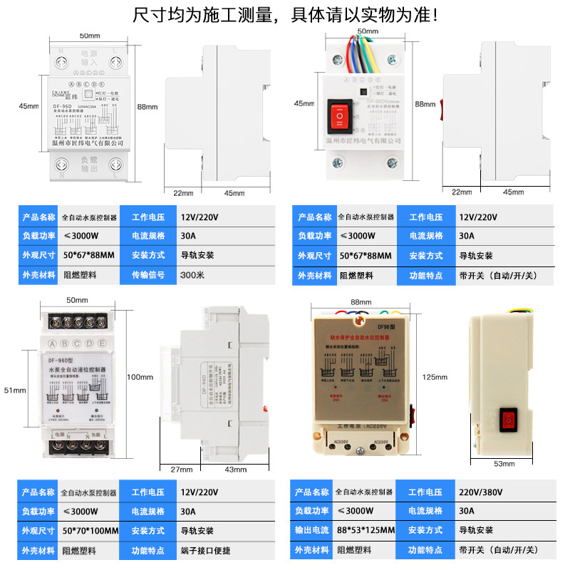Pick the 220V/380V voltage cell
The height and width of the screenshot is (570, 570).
[482, 492]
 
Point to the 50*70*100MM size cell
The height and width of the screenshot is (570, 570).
[89, 531]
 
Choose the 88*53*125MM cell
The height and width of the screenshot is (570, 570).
[366, 531]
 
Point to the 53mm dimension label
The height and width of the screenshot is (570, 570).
[503, 464]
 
